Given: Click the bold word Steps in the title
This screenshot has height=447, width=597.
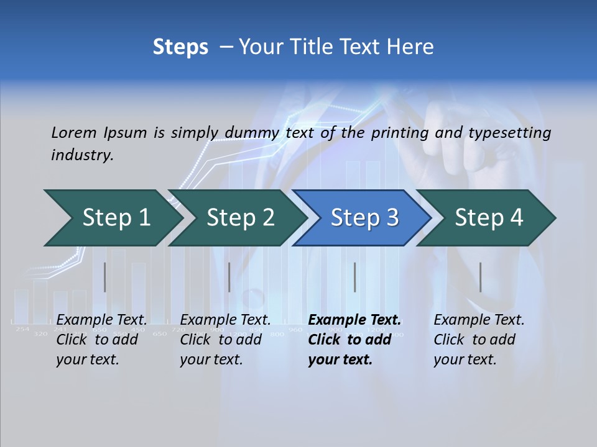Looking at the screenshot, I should click(x=180, y=47).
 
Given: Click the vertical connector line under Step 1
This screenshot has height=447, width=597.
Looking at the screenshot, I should click(x=105, y=277).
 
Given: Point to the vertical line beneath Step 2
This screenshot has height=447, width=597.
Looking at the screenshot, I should click(x=229, y=277).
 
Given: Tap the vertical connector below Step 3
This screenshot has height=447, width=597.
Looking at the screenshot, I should click(x=355, y=277).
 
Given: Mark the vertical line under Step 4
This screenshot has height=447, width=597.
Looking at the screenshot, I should click(x=481, y=277).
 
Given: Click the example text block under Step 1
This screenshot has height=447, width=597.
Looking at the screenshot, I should click(x=101, y=340).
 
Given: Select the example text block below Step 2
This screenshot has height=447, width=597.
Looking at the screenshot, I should click(x=225, y=340).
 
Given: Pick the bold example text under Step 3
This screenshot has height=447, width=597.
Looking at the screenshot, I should click(x=354, y=340).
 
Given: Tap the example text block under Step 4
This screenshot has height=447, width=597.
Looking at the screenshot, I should click(x=479, y=340).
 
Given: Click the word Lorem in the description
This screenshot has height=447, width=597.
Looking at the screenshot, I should click(x=73, y=132).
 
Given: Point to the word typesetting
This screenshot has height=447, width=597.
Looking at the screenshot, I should click(x=511, y=132).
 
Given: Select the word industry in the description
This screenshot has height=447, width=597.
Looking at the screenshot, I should click(x=81, y=155).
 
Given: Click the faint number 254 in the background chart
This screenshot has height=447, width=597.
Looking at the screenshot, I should click(x=22, y=329).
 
